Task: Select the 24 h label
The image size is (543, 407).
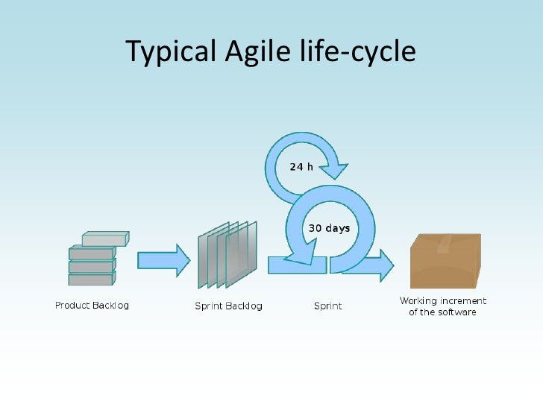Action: pos(301,166)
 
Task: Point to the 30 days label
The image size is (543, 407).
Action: pos(330,227)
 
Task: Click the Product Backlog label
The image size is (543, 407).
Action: pos(92,306)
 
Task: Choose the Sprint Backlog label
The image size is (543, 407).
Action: pos(228,306)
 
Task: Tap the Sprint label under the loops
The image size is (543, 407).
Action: pos(328,306)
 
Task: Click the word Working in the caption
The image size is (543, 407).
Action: pos(418,301)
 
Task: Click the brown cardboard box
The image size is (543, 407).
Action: pos(446,265)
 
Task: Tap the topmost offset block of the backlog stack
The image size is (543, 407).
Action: pos(104,240)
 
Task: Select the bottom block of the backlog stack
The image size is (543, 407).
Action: pos(90,280)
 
